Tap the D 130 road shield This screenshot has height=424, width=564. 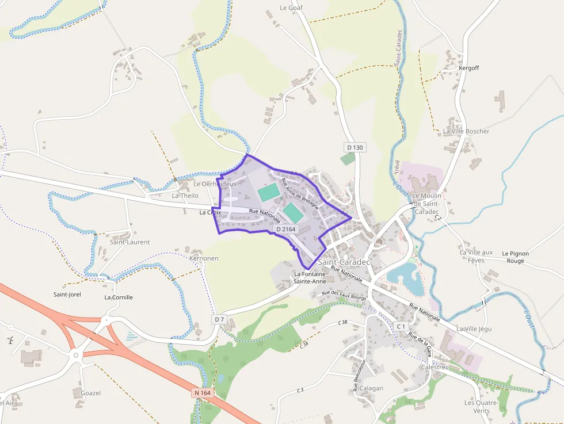[355, 147]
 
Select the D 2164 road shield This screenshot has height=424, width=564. [286, 229]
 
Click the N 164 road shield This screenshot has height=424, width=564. [203, 393]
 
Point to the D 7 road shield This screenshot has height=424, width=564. [219, 319]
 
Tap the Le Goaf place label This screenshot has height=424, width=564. [291, 8]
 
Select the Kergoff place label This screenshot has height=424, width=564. [469, 68]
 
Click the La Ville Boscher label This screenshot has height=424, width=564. [466, 131]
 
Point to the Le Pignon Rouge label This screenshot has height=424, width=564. [515, 257]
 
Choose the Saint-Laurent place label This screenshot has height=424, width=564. [129, 242]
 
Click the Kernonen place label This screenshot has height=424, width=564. [204, 258]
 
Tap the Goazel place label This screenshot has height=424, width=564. [91, 393]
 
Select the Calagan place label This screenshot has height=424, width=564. [371, 388]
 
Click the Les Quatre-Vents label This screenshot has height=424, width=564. [481, 406]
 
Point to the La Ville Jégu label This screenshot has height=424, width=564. [474, 328]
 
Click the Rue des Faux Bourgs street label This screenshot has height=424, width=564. [344, 295]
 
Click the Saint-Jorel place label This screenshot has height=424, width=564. [67, 295]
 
